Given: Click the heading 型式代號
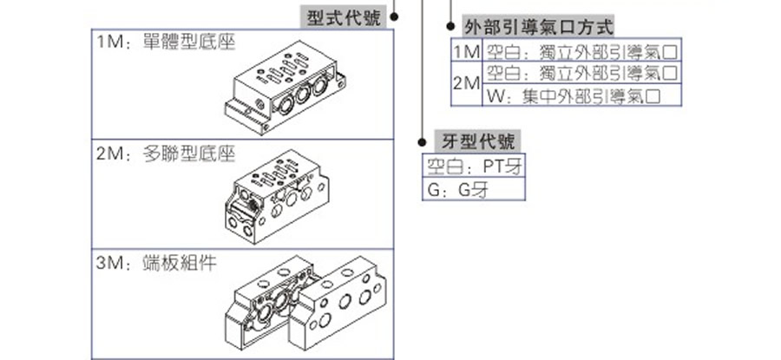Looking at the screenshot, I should point(344,18).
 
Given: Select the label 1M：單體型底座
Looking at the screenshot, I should point(166,42).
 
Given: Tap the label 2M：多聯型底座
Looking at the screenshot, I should point(166,154).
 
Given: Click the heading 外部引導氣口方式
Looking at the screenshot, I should point(539,28).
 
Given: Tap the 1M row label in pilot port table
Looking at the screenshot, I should point(466,51).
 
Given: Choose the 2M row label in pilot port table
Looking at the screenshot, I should point(466,84).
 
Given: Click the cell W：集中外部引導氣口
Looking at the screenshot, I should point(581,96).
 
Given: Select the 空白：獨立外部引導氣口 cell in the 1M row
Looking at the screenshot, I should point(581,51).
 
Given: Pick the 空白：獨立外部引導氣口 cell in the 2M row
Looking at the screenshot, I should point(581,73).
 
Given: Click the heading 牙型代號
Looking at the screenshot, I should point(478,142).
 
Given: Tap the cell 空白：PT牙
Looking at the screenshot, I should point(472,166).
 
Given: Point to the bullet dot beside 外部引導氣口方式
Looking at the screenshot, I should point(450,28).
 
